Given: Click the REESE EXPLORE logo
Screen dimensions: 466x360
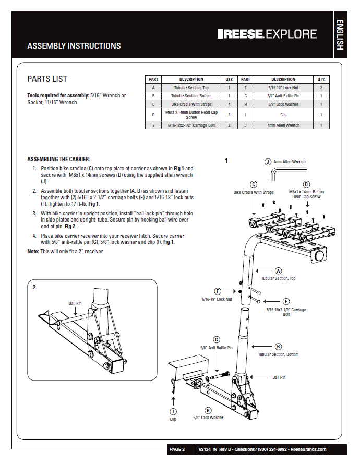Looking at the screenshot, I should [267, 34].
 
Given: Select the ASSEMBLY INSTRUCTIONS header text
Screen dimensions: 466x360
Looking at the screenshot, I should [74, 46].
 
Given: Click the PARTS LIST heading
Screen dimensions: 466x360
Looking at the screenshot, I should [47, 79].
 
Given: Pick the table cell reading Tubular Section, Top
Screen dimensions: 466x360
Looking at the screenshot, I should [191, 88].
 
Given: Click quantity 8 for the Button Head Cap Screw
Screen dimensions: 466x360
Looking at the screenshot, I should [229, 115].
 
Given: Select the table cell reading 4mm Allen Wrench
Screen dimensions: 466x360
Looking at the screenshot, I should [283, 125].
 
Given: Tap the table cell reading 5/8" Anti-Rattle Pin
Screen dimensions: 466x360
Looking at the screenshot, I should [283, 96].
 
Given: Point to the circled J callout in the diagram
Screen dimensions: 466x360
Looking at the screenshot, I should [268, 162].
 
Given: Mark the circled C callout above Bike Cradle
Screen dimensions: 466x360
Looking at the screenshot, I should [254, 184].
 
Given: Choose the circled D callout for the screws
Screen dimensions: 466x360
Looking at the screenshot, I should [306, 184].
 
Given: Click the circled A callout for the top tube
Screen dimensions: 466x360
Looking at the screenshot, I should [278, 271].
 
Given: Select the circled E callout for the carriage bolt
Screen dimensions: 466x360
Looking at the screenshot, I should [286, 301].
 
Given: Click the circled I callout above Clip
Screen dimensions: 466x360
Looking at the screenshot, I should [173, 411].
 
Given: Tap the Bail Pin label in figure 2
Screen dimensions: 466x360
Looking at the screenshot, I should [75, 303].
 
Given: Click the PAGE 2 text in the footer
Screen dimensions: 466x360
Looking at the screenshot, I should [177, 449].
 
